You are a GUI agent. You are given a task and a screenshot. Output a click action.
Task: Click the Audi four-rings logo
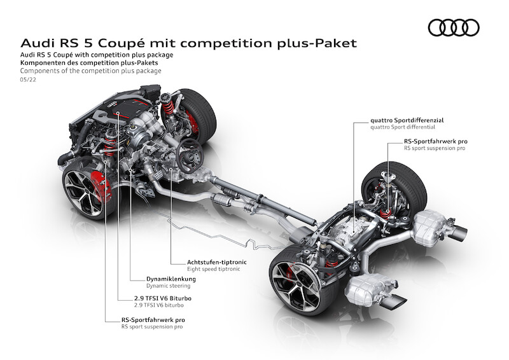453,27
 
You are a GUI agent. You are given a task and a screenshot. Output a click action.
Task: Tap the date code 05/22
29,80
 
